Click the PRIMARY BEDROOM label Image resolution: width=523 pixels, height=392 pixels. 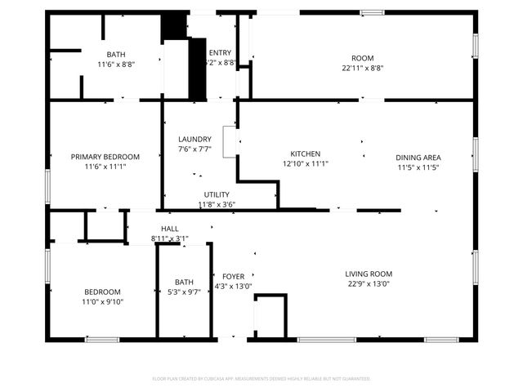point(105,157)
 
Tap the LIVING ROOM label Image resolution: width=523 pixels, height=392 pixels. point(369,274)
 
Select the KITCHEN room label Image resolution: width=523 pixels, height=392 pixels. point(305,154)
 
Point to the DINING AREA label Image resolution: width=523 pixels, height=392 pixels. point(418,158)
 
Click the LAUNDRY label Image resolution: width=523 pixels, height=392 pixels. point(194,139)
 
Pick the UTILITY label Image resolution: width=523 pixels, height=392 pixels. point(217,194)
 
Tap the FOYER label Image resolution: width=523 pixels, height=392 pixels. point(233,277)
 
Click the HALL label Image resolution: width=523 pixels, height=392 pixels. point(169,229)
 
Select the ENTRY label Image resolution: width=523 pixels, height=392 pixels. point(220,52)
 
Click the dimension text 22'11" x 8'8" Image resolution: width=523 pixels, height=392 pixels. point(362,69)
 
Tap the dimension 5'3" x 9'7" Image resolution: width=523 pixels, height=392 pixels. point(184,292)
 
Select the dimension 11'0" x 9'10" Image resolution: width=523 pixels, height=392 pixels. point(102,302)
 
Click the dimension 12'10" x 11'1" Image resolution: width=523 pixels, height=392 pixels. point(305,163)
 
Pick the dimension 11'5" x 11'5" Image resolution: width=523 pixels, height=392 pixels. point(418,167)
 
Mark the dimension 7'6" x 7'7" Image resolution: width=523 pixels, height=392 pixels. point(194,149)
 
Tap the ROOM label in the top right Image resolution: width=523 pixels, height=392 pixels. point(362,58)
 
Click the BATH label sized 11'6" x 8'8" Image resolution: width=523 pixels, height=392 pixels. point(116,55)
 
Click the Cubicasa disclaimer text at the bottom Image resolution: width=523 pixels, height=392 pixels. point(261,379)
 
